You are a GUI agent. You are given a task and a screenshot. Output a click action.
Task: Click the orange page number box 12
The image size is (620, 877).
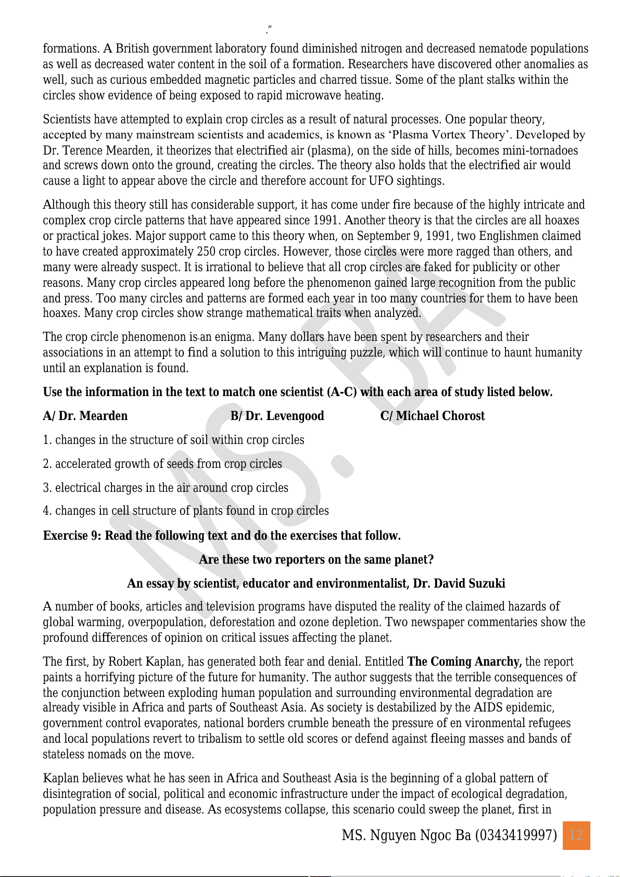576,835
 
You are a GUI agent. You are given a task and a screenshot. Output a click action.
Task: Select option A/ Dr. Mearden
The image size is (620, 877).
85,416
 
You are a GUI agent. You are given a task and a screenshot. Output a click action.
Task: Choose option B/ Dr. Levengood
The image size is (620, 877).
277,416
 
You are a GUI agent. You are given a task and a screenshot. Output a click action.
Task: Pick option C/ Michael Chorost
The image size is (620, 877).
432,416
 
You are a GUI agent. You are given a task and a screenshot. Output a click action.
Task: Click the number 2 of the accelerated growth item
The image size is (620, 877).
46,464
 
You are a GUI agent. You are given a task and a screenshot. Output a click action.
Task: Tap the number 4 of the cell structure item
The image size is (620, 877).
46,511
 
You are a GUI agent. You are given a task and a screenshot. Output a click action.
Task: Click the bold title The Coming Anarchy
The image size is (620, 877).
464,662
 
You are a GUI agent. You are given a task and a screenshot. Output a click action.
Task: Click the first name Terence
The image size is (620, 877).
80,150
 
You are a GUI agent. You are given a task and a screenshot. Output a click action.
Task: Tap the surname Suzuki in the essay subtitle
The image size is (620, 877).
486,583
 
